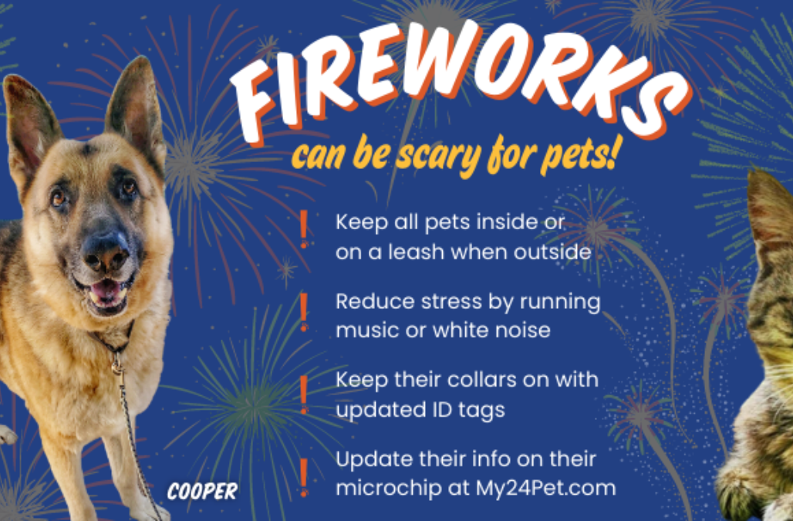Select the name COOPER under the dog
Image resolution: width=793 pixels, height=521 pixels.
click(x=202, y=492)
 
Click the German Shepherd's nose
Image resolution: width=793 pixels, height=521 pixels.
click(x=106, y=249)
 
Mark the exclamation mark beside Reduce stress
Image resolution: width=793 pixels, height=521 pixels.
click(x=304, y=311)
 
